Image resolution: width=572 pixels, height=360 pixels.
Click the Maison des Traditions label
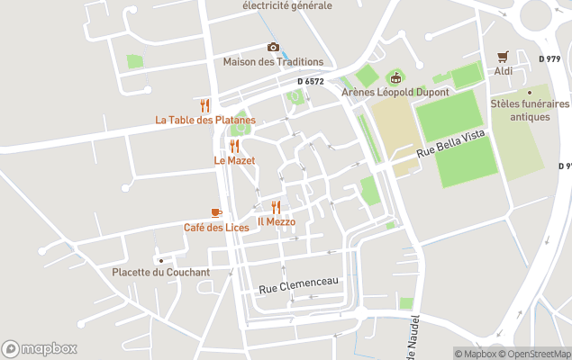tap(273, 62)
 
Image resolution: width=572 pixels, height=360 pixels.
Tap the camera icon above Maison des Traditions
tap(273, 48)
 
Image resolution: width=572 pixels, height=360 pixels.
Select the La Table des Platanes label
tap(205, 120)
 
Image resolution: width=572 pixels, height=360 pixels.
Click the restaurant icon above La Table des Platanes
tap(205, 105)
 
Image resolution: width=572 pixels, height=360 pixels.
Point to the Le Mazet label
tap(234, 160)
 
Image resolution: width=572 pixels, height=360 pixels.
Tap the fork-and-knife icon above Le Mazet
tap(234, 146)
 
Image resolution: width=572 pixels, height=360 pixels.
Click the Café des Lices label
tap(216, 227)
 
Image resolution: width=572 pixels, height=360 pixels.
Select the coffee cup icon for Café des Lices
tap(216, 212)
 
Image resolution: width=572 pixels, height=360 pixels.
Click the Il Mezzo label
tap(277, 221)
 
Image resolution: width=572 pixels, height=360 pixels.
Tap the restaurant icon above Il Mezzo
tap(277, 207)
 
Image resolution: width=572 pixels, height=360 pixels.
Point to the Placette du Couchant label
tap(161, 272)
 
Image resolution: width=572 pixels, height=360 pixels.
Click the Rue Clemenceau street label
tap(298, 285)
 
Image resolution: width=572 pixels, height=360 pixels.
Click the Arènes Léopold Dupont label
tap(395, 91)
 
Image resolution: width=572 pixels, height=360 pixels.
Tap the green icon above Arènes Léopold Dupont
tap(395, 76)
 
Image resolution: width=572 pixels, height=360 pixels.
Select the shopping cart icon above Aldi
tap(503, 55)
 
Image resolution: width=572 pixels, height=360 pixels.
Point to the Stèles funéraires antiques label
tap(530, 110)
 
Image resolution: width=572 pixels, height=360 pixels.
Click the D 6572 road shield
tap(311, 81)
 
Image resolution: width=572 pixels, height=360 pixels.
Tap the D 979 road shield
tap(549, 58)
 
